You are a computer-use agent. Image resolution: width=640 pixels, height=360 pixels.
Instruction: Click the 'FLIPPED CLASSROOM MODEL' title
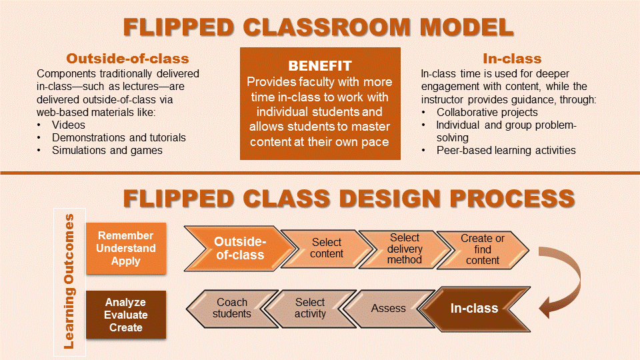pyautogui.click(x=319, y=27)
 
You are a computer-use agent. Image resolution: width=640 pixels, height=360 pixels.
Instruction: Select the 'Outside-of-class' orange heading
pyautogui.click(x=127, y=59)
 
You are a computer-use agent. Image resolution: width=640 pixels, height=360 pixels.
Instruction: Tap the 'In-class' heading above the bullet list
pyautogui.click(x=512, y=59)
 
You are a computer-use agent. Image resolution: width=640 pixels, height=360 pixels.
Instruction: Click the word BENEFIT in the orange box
pyautogui.click(x=320, y=66)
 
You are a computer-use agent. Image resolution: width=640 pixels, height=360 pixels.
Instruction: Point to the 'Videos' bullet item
pyautogui.click(x=68, y=125)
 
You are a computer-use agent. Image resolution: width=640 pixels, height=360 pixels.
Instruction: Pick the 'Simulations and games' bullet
pyautogui.click(x=107, y=150)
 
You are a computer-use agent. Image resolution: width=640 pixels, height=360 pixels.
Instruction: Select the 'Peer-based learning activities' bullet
pyautogui.click(x=505, y=150)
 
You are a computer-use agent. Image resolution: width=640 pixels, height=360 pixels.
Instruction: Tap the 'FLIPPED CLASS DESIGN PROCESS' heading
pyautogui.click(x=349, y=198)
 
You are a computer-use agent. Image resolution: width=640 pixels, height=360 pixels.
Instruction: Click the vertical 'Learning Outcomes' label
pyautogui.click(x=69, y=281)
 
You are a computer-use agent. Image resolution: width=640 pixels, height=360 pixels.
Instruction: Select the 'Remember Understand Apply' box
pyautogui.click(x=126, y=248)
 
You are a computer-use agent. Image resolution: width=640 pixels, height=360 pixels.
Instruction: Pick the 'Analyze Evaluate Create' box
pyautogui.click(x=126, y=315)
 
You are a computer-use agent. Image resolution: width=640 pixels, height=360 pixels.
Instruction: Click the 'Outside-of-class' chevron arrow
pyautogui.click(x=239, y=248)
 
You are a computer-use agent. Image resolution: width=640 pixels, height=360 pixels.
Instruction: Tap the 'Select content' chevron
pyautogui.click(x=326, y=248)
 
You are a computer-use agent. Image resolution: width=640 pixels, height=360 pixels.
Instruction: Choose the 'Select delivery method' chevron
pyautogui.click(x=405, y=248)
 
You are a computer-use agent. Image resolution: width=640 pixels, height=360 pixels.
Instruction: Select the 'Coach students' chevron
pyautogui.click(x=232, y=308)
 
